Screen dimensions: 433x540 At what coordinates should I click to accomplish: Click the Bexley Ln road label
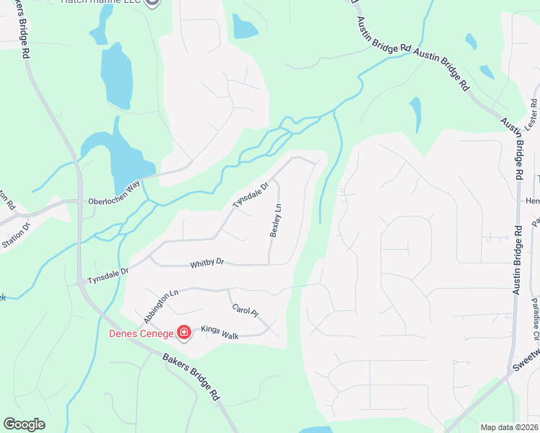(x=274, y=220)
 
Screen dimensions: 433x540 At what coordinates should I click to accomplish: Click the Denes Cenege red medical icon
(x=184, y=333)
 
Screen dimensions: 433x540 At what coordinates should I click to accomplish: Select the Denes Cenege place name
(x=141, y=333)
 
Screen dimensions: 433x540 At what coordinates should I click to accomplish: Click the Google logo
(x=24, y=424)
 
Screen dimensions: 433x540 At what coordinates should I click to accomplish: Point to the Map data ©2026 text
(x=509, y=427)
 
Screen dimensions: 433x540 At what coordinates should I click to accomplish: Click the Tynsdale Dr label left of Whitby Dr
(x=107, y=275)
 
